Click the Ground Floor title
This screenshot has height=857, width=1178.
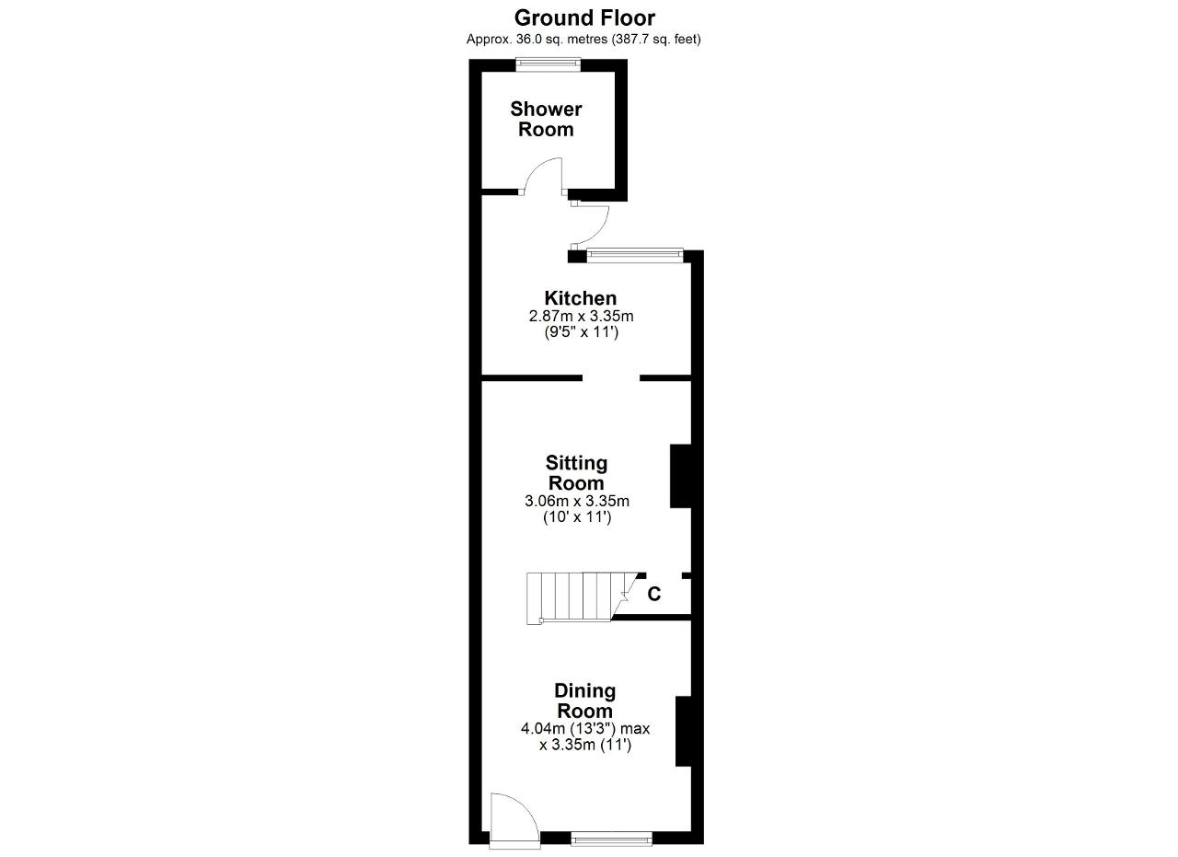coord(584,18)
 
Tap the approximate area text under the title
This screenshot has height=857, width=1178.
coord(583,40)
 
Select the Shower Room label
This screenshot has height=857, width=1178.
coord(546,119)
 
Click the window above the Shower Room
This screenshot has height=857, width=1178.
coord(549,64)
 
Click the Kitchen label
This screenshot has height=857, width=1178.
coord(581,298)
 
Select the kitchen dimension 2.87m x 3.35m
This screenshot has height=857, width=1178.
coord(581,317)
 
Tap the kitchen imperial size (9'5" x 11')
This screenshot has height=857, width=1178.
coord(581,332)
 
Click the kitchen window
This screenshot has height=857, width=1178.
coord(634,255)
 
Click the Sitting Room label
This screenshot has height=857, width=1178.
coord(576,473)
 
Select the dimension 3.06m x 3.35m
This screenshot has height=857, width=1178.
coord(577,501)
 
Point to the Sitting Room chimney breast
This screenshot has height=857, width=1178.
coord(680,476)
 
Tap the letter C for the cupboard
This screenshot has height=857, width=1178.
coord(653,594)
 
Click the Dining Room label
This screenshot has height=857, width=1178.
coord(584,701)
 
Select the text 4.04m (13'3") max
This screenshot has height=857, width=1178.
coord(585,729)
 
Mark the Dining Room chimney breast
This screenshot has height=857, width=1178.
coord(683,731)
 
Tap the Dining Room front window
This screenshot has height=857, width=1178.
coord(612,839)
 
